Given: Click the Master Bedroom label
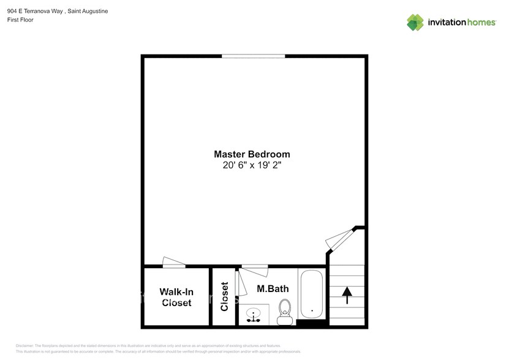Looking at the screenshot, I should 252,154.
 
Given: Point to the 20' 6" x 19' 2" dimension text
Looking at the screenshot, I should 252,165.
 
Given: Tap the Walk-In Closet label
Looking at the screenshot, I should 176,297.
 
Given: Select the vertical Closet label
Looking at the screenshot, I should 224,296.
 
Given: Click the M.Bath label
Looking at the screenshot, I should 273,288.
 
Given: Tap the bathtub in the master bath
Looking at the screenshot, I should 312,294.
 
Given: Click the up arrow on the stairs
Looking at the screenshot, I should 347,295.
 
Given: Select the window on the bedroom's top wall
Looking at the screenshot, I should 253,56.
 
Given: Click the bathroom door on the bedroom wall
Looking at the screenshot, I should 254,266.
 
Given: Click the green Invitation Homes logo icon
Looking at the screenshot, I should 416,22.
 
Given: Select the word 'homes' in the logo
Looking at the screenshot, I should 481,23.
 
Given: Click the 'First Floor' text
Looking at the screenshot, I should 20,20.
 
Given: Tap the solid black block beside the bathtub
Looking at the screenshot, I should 312,323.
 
